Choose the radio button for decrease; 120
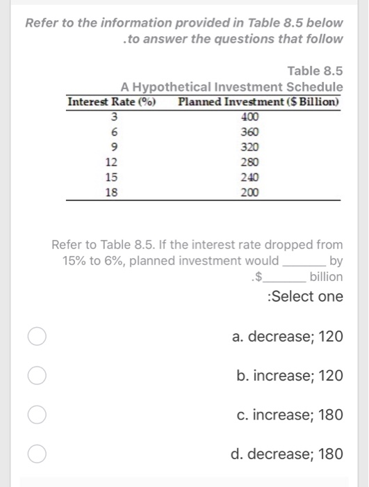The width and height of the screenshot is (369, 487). click(x=38, y=337)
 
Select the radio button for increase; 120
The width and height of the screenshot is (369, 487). click(x=38, y=376)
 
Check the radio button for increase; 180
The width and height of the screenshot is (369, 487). click(x=38, y=415)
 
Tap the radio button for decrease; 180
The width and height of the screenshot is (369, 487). click(x=38, y=454)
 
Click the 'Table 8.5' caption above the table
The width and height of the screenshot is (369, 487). click(x=315, y=70)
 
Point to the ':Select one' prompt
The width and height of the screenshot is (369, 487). click(x=305, y=296)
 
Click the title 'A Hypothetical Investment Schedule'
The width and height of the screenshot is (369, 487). click(x=231, y=86)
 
